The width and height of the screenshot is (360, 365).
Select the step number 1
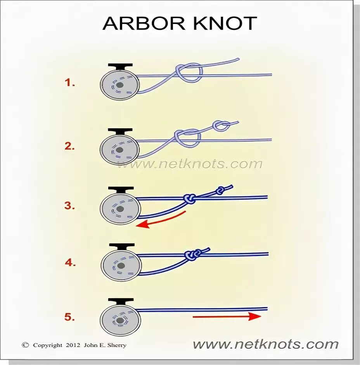70,82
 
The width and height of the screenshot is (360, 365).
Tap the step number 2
70,146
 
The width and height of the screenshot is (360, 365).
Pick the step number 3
70,206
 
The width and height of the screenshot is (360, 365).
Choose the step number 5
70,317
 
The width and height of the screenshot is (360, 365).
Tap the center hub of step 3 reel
120,209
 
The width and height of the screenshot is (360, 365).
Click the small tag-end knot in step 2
220,125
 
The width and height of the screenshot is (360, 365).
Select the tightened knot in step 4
192,255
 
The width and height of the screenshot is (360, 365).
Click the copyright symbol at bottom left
26,345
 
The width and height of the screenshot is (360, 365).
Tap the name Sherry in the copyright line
118,345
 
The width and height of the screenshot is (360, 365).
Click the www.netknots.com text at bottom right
266,344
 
